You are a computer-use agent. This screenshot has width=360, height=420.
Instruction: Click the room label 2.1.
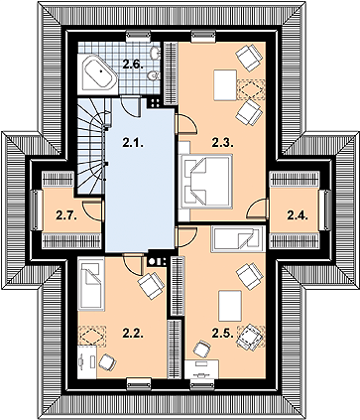[133, 143]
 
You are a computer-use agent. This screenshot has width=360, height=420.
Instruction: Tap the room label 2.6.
[133, 65]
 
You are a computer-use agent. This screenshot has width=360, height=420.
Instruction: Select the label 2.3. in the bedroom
[223, 143]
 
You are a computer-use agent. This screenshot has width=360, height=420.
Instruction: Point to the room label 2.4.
[298, 215]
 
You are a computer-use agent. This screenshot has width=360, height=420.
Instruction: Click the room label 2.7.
[66, 215]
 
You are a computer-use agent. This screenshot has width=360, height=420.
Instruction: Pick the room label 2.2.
[133, 334]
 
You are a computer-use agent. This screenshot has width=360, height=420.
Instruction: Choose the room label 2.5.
[223, 334]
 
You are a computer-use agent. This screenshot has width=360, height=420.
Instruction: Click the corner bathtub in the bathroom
[98, 73]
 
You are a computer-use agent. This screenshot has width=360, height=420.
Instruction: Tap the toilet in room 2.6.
[154, 76]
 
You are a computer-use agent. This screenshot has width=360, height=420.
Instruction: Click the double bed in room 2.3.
[205, 181]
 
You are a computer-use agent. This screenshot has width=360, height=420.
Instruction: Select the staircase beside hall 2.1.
[92, 146]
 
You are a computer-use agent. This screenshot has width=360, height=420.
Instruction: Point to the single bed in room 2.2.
[91, 285]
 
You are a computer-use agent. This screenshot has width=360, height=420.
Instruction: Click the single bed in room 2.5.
[238, 239]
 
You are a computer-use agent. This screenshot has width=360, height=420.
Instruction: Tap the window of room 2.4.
[327, 210]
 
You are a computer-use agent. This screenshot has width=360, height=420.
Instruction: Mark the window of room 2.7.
[35, 210]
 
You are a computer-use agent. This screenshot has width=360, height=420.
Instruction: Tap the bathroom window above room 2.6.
[139, 36]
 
